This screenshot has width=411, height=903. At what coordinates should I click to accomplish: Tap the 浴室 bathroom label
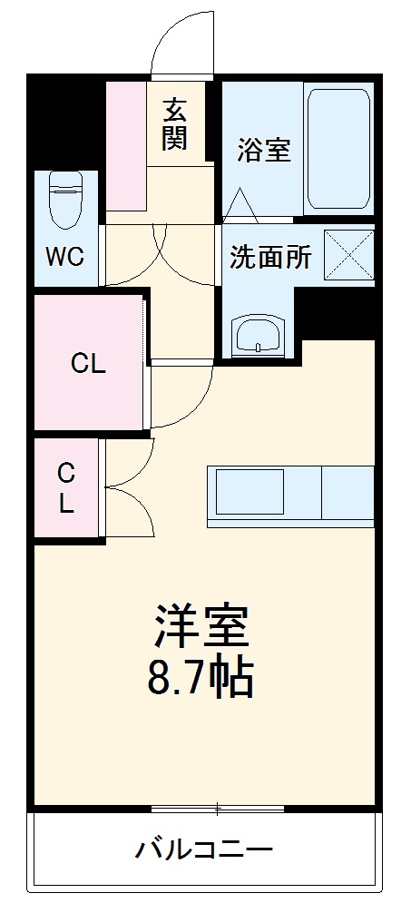tap(264, 150)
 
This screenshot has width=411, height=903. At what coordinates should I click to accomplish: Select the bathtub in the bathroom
tap(339, 148)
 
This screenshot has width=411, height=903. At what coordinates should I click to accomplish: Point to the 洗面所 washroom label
tap(269, 258)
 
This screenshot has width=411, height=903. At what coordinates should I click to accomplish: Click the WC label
tap(65, 257)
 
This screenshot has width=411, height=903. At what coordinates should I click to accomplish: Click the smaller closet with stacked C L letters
tap(67, 488)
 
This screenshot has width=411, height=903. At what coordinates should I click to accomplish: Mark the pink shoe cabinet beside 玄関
tap(125, 145)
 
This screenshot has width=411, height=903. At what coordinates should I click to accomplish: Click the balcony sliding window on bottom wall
tap(218, 808)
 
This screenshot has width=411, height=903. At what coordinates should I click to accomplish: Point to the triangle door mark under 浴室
tap(241, 205)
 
